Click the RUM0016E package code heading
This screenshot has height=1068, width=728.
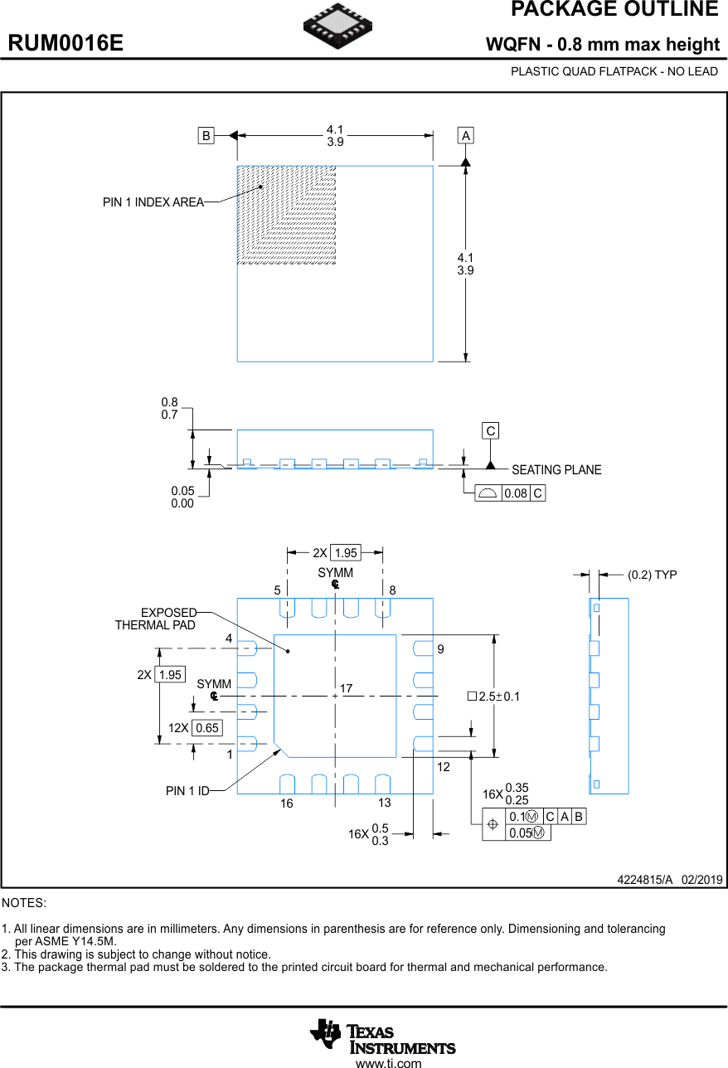pyautogui.click(x=66, y=43)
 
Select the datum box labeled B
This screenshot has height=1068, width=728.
pyautogui.click(x=206, y=135)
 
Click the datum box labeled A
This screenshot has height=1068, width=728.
pyautogui.click(x=466, y=135)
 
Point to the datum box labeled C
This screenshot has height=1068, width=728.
pyautogui.click(x=491, y=431)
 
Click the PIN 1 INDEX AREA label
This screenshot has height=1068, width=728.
pyautogui.click(x=153, y=202)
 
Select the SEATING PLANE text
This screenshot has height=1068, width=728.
pyautogui.click(x=556, y=470)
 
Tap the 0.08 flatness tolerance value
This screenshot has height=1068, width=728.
pyautogui.click(x=516, y=493)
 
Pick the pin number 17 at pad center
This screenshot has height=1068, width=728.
pyautogui.click(x=346, y=689)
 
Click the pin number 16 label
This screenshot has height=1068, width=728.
pyautogui.click(x=286, y=803)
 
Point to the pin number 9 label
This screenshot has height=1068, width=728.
pyautogui.click(x=441, y=649)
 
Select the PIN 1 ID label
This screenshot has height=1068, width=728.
pyautogui.click(x=187, y=791)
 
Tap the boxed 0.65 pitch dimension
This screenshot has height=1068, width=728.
pyautogui.click(x=206, y=728)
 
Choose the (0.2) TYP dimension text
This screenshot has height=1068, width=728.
pyautogui.click(x=652, y=575)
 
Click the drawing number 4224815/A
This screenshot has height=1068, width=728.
pyautogui.click(x=645, y=879)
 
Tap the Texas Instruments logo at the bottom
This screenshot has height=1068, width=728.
pyautogui.click(x=383, y=1036)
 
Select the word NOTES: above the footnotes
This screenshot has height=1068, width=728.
pyautogui.click(x=24, y=902)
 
